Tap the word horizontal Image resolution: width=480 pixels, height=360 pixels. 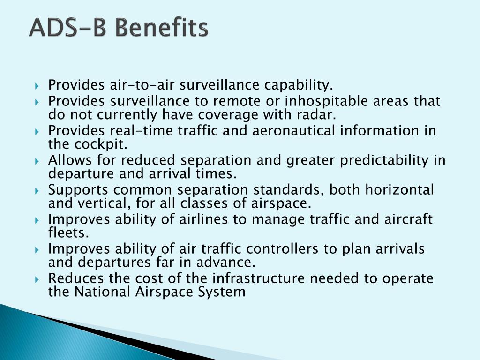point(399,189)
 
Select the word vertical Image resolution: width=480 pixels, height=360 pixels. point(102,203)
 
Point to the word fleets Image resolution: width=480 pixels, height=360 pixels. point(68,232)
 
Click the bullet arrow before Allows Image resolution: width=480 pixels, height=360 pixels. point(37,161)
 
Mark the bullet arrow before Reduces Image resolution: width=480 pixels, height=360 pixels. point(37,279)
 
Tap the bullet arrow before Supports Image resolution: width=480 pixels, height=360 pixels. point(37,190)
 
